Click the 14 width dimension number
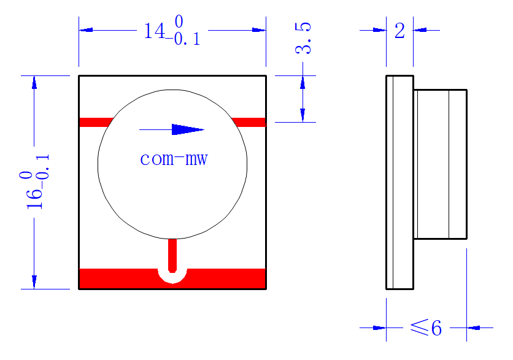coord(155,31)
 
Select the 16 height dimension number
coord(35,199)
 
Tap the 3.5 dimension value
coord(303,38)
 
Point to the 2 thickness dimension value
coord(399,31)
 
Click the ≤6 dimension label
coord(426,327)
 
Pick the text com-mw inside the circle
coord(174,159)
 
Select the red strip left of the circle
coord(96,122)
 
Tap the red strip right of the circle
coord(249,122)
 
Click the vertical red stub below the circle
coord(172,255)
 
